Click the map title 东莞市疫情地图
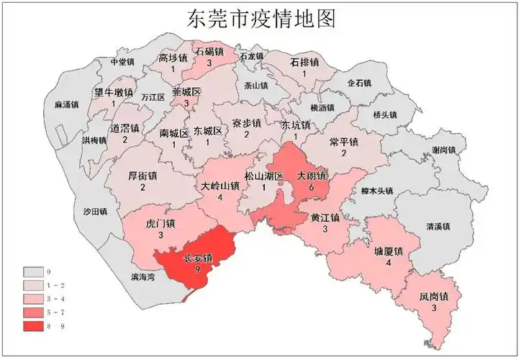[261, 18]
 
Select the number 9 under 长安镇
[197, 269]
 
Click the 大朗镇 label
[312, 175]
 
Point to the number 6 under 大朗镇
[312, 186]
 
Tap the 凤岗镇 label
[434, 297]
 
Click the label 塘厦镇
[388, 251]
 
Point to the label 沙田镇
[95, 212]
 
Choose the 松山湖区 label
[264, 175]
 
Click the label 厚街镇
[142, 176]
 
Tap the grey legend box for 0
[34, 273]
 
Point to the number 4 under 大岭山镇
[219, 198]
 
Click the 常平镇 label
[343, 142]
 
